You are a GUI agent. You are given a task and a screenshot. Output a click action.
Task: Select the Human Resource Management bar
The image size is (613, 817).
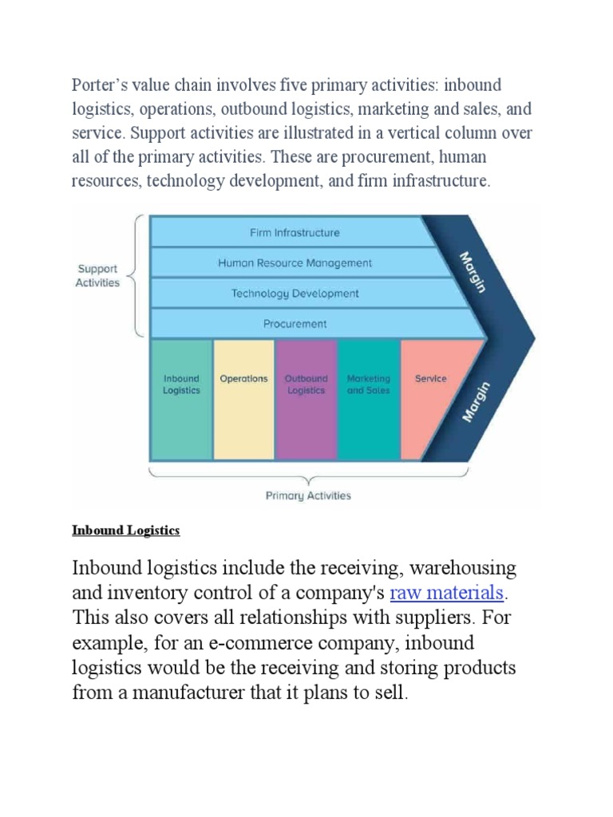(x=295, y=262)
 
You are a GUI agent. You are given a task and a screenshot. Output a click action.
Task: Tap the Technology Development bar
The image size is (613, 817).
(x=295, y=293)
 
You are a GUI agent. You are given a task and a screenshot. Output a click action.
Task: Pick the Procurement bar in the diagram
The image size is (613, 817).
(x=295, y=323)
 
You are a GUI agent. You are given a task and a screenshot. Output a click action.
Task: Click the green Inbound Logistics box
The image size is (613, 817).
(x=181, y=399)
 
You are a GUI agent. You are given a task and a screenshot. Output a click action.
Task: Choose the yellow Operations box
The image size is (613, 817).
(x=243, y=399)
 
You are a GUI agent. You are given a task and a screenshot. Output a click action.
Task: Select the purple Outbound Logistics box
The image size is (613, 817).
(x=306, y=399)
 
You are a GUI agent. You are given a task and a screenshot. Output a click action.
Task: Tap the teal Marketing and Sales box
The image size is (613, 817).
(x=368, y=399)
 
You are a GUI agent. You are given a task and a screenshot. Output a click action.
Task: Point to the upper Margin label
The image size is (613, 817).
(x=473, y=272)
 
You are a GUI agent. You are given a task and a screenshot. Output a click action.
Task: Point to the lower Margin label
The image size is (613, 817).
(x=476, y=401)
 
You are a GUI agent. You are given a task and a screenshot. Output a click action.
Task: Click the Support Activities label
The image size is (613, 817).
(x=97, y=276)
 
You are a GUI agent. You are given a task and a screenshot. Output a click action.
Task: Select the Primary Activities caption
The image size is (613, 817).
(x=307, y=495)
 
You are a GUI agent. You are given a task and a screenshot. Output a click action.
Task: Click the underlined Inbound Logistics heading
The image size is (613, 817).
(x=126, y=531)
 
